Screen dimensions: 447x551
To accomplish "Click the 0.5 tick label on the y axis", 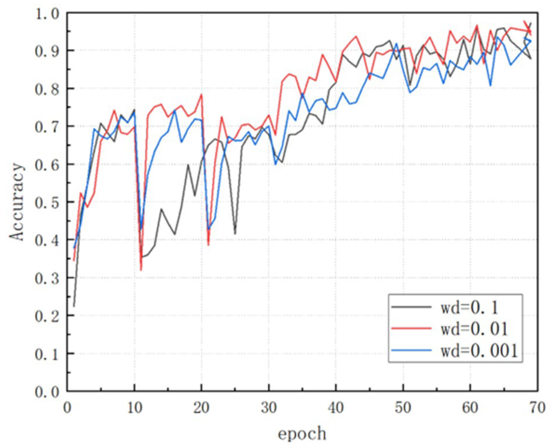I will pyautogui.click(x=47, y=202).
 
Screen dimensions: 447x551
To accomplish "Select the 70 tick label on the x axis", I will pyautogui.click(x=537, y=408).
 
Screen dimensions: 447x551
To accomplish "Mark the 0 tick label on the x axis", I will pyautogui.click(x=67, y=408).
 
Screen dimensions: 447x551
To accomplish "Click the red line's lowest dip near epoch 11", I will pyautogui.click(x=141, y=270).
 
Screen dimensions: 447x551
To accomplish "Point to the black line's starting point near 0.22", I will pyautogui.click(x=74, y=306).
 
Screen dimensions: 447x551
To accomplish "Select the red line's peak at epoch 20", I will pyautogui.click(x=201, y=94).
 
